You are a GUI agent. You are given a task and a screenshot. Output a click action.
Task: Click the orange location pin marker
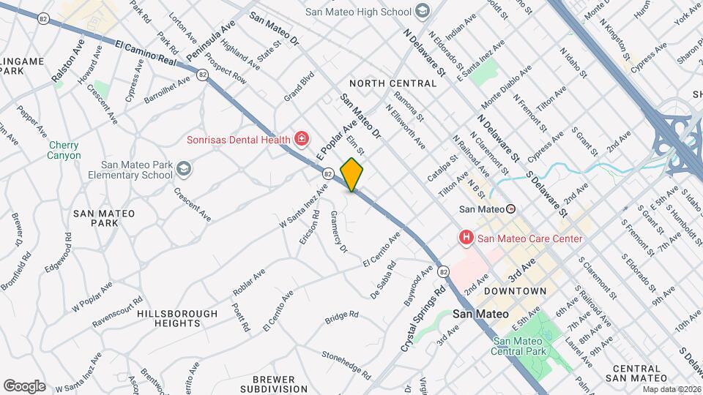click(x=352, y=175)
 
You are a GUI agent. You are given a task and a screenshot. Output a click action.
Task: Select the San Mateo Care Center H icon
click(x=465, y=238)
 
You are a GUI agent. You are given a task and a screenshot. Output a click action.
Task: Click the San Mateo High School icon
click(x=422, y=11)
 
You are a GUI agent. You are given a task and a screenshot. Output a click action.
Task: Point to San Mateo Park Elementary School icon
click(x=183, y=170)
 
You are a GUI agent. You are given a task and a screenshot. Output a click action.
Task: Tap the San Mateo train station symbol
click(x=511, y=208)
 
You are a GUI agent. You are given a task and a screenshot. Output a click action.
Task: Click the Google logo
click(x=24, y=385)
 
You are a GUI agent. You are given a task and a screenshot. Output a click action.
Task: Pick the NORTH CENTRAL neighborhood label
click(x=393, y=83)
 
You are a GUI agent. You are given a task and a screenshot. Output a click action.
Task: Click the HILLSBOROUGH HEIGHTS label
click(x=177, y=318)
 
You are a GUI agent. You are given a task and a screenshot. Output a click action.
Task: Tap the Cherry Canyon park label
click(x=64, y=150)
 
